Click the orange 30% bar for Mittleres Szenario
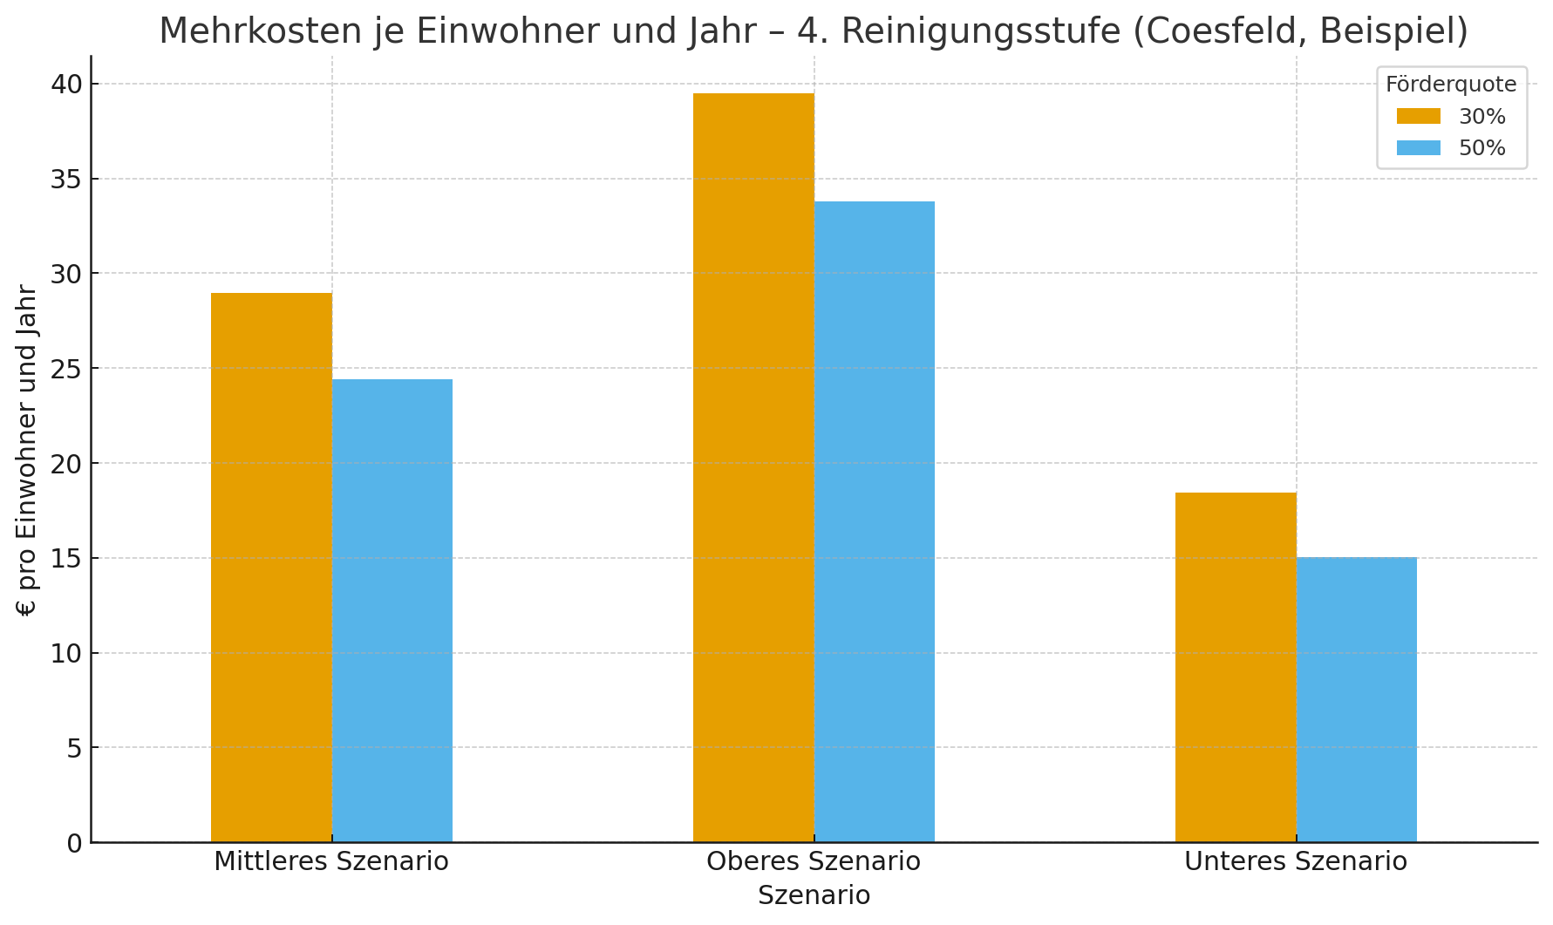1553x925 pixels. point(271,567)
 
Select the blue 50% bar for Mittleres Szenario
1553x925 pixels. point(392,610)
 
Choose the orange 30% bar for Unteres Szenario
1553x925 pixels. point(1236,667)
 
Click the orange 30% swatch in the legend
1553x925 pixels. point(1419,117)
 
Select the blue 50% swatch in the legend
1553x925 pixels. point(1419,148)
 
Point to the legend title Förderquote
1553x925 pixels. point(1451,85)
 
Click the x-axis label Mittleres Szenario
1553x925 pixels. point(331,862)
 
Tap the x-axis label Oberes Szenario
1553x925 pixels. point(814,862)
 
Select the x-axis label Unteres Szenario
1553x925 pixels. point(1296,862)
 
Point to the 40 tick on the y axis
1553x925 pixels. point(66,85)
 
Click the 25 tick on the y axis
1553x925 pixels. point(66,369)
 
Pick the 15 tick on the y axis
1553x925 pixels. point(66,559)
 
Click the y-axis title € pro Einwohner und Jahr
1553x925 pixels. point(27,450)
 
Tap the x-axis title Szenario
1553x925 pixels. point(814,896)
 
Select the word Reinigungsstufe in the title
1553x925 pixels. point(981,32)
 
